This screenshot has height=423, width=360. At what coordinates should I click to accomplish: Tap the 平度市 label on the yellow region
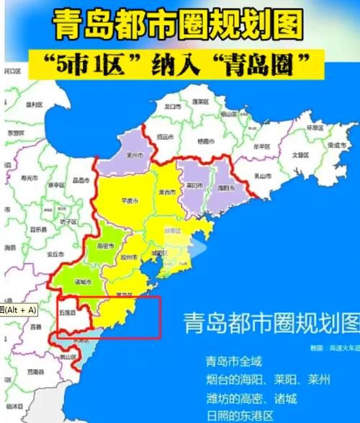132,202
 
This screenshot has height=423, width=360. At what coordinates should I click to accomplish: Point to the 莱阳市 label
193,184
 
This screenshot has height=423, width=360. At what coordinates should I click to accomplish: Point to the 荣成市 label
338,144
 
